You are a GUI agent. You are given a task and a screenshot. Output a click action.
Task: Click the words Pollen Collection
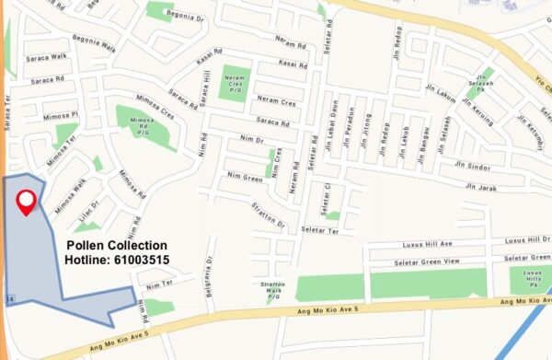[117, 246]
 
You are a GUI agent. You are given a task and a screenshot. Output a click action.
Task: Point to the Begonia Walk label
[95, 43]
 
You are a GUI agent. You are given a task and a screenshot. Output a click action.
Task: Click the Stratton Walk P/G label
[273, 291]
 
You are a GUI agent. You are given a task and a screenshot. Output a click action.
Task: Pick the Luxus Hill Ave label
[429, 245]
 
